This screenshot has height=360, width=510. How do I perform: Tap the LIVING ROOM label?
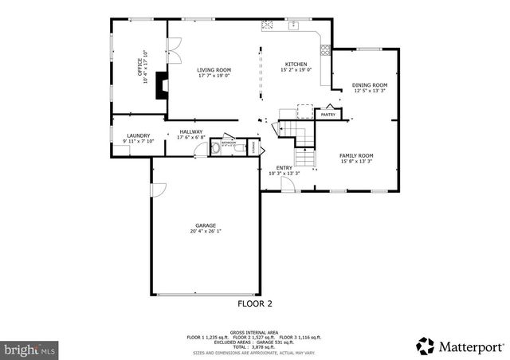(214, 70)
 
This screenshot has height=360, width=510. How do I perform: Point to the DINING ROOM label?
(370, 85)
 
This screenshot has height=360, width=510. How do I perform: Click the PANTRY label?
(328, 115)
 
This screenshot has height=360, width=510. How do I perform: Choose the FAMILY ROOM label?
(356, 155)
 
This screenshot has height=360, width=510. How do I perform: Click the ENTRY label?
(284, 167)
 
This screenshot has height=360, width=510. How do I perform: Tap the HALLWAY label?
(191, 131)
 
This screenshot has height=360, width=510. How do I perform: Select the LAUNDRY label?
(138, 136)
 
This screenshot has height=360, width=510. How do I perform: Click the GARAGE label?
(206, 225)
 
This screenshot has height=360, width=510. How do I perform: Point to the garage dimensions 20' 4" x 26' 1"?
(206, 232)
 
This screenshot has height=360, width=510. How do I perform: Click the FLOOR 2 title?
(255, 303)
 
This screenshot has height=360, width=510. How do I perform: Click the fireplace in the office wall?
(162, 84)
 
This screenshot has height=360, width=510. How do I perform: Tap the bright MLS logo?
(30, 348)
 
